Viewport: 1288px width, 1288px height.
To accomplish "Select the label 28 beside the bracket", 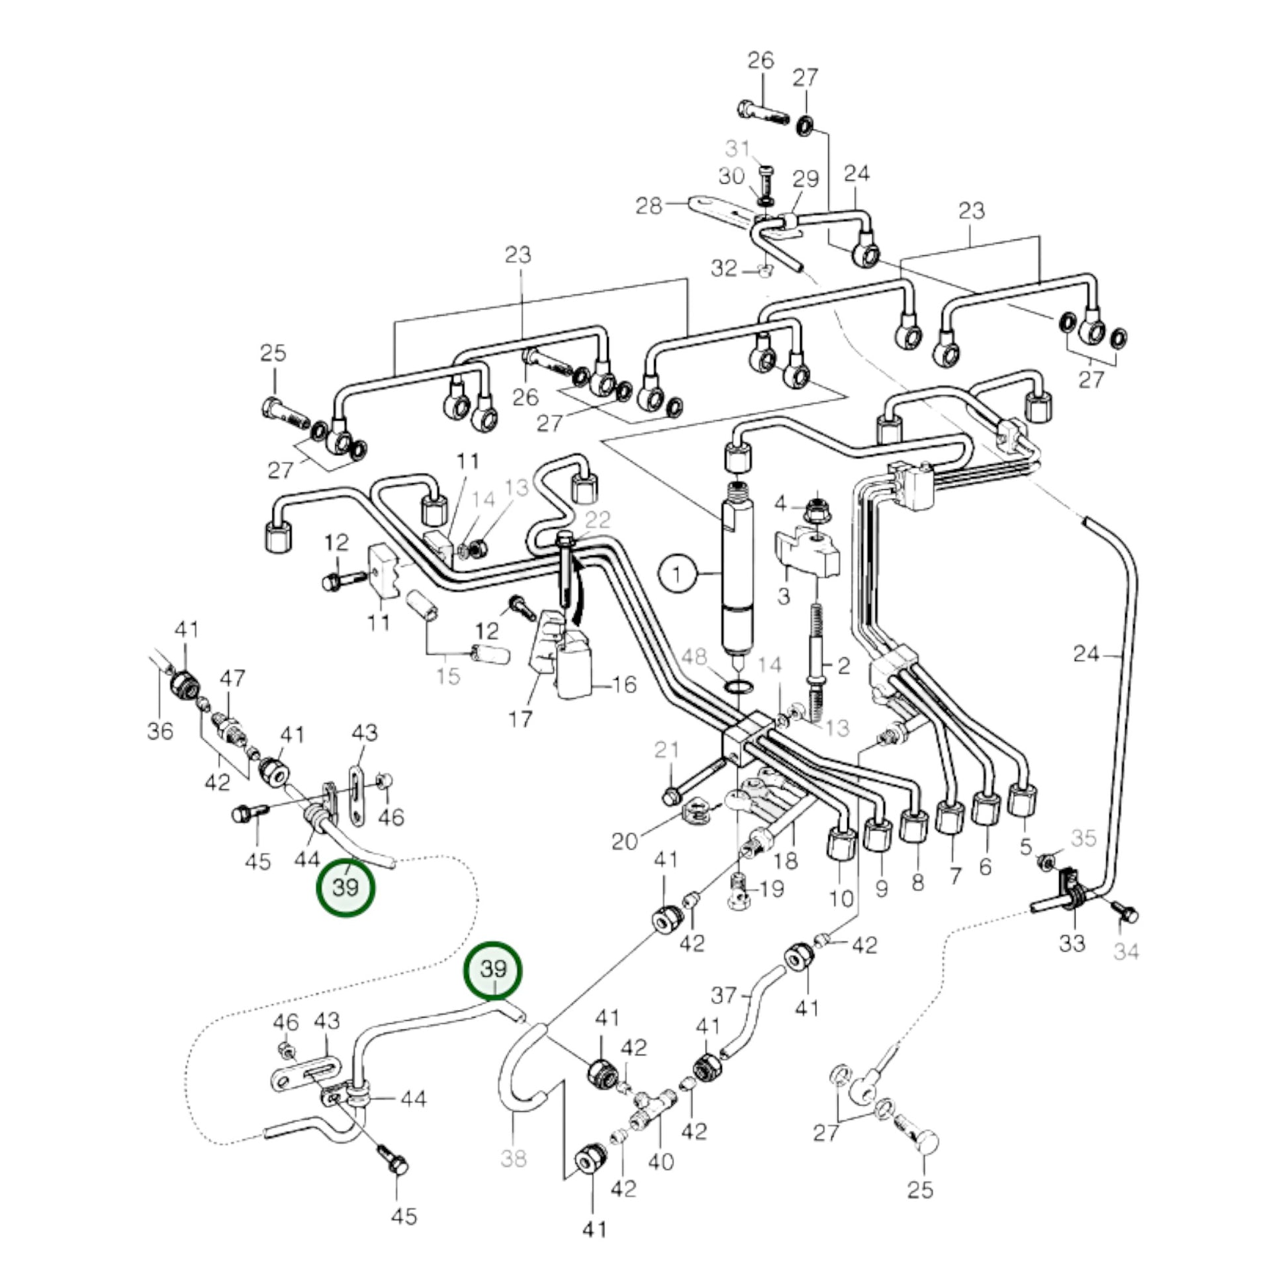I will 649,206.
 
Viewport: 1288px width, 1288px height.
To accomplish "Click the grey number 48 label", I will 694,657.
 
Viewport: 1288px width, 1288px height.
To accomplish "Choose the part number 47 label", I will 232,678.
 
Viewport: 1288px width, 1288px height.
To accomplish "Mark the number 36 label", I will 160,731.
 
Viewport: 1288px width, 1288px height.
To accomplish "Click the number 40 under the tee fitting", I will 661,1162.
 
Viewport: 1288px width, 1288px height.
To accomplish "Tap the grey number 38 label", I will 514,1159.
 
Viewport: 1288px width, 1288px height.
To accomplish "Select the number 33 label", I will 1072,943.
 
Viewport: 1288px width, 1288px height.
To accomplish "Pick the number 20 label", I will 625,842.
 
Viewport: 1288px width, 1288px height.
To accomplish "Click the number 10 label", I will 841,899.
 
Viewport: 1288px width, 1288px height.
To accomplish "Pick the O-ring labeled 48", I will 739,686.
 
